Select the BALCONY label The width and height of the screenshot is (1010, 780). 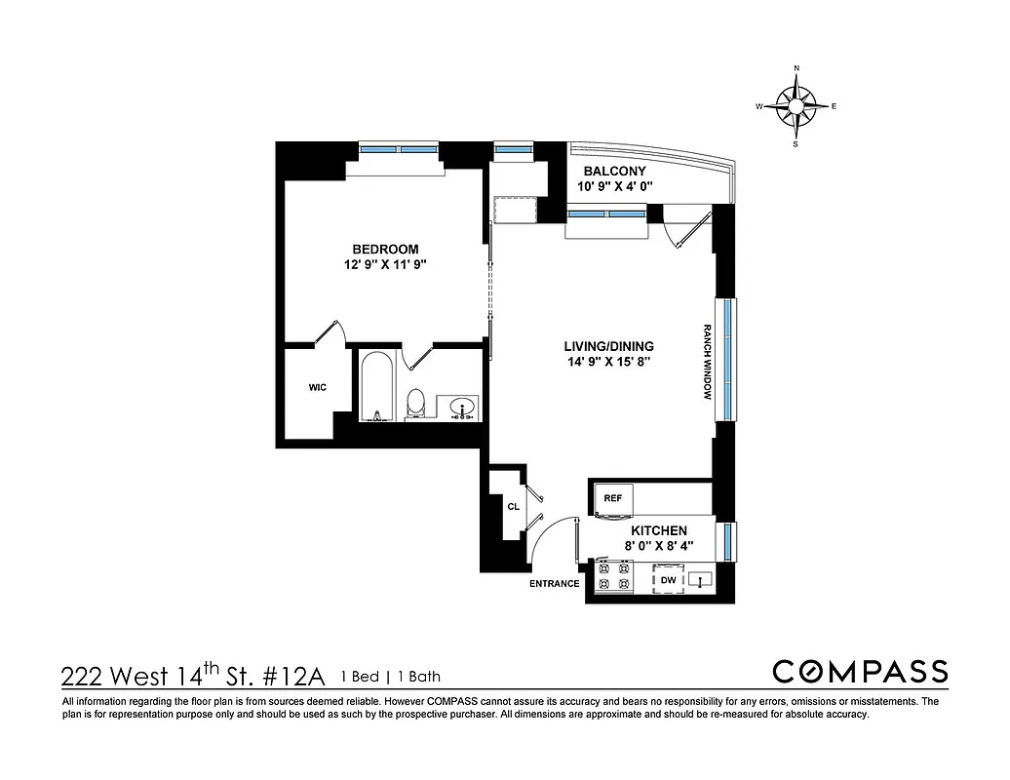point(614,171)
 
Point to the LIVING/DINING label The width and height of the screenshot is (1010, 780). point(608,346)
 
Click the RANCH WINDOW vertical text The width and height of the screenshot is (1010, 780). point(709,362)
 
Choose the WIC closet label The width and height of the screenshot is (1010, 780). point(317,387)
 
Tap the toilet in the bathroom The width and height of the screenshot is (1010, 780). point(416,402)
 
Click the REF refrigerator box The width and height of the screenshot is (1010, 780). point(613,498)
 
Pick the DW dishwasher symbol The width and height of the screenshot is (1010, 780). point(668,580)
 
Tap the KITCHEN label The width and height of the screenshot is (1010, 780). point(659,530)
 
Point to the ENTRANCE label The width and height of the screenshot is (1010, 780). point(554,584)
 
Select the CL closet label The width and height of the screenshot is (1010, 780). point(513,506)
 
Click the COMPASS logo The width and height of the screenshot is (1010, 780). point(860,672)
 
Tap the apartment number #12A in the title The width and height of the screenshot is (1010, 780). point(297,676)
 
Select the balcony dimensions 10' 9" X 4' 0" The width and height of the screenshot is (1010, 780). point(614,186)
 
